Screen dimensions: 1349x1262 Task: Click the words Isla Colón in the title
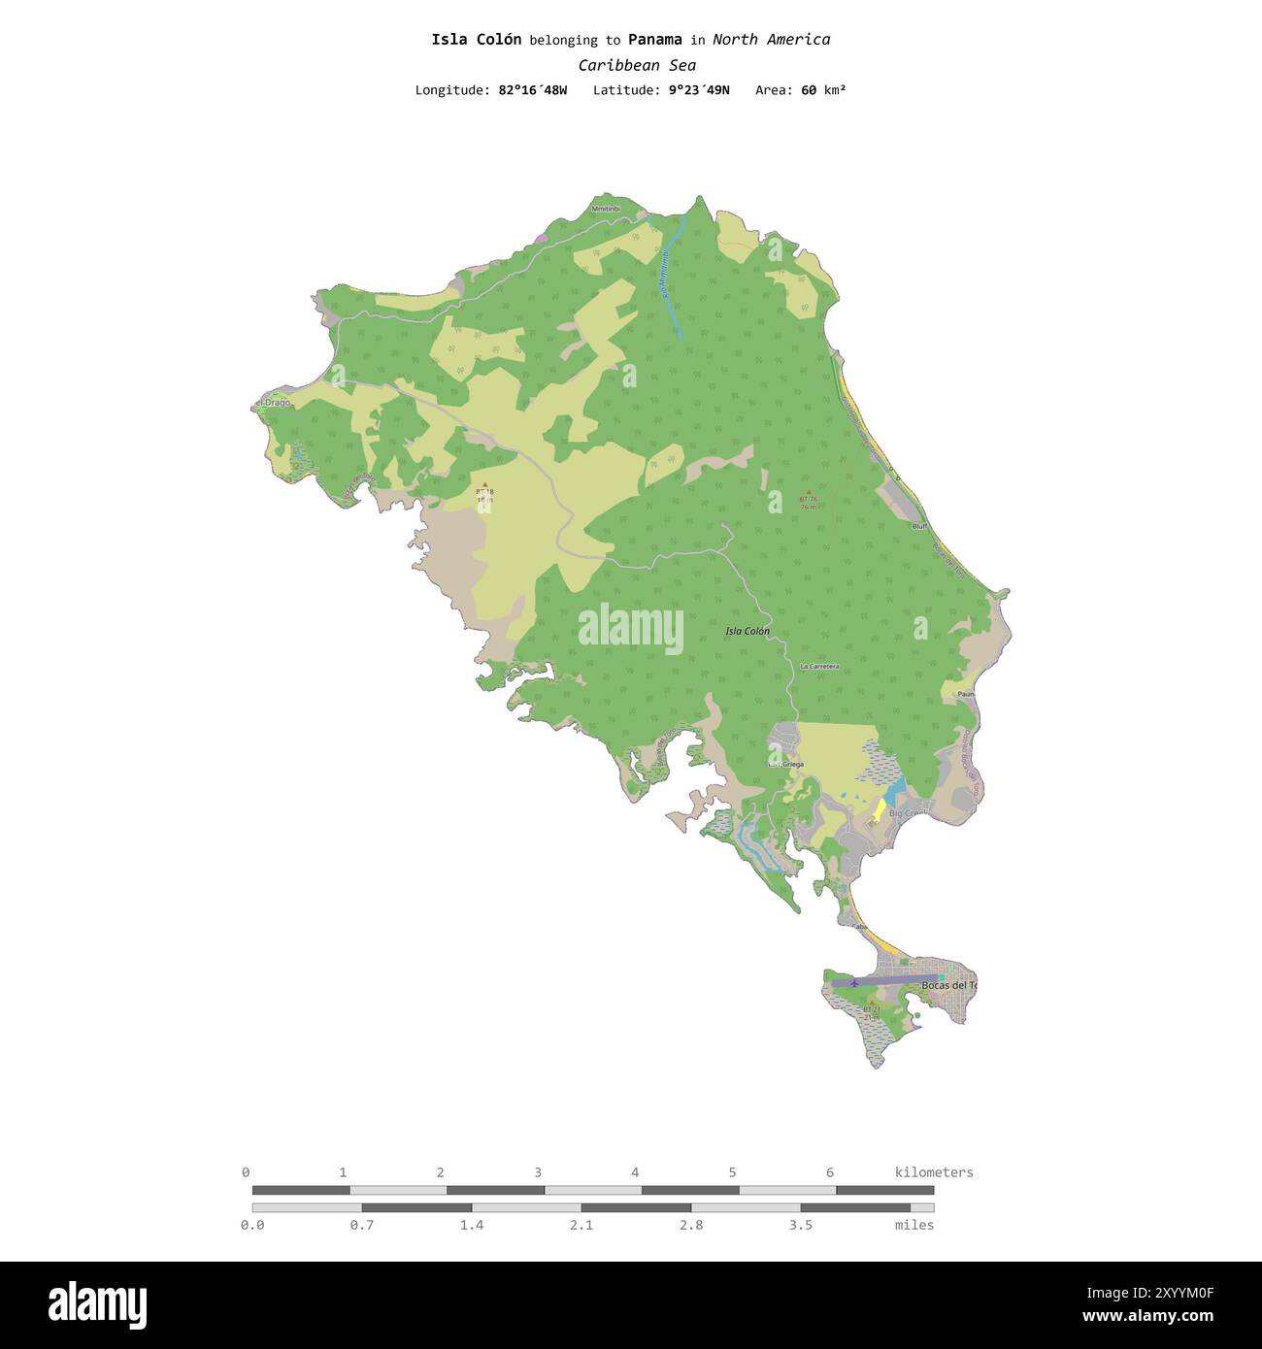pyautogui.click(x=476, y=40)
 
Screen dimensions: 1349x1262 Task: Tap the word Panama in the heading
pyautogui.click(x=654, y=40)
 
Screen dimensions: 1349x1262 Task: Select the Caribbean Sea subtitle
pyautogui.click(x=637, y=65)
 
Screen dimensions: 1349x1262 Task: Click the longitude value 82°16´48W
pyautogui.click(x=532, y=90)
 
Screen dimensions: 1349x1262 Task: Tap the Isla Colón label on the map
pyautogui.click(x=747, y=631)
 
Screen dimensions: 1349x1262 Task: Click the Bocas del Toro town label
pyautogui.click(x=948, y=985)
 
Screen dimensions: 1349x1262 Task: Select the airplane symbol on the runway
pyautogui.click(x=854, y=983)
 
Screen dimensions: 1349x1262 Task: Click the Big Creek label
pyautogui.click(x=908, y=813)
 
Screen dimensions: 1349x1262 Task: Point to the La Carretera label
pyautogui.click(x=819, y=667)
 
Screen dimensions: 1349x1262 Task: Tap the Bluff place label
pyautogui.click(x=919, y=526)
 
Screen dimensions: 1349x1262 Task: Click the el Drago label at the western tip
pyautogui.click(x=273, y=402)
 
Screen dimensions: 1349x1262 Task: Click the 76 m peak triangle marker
pyautogui.click(x=808, y=492)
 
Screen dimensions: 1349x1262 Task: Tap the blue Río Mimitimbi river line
pyautogui.click(x=676, y=281)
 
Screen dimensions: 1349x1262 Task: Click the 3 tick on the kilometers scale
pyautogui.click(x=538, y=1172)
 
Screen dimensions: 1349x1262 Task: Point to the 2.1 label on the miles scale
pyautogui.click(x=581, y=1225)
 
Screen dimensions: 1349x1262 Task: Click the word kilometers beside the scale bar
pyautogui.click(x=933, y=1172)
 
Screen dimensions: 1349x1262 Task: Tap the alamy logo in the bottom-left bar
pyautogui.click(x=97, y=1304)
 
